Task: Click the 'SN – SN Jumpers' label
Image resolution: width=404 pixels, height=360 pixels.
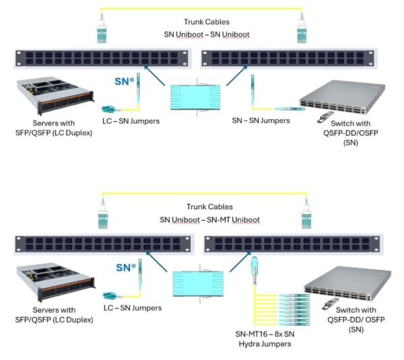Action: tap(261, 120)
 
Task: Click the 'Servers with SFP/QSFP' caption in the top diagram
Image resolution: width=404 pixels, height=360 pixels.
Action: tap(50, 129)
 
